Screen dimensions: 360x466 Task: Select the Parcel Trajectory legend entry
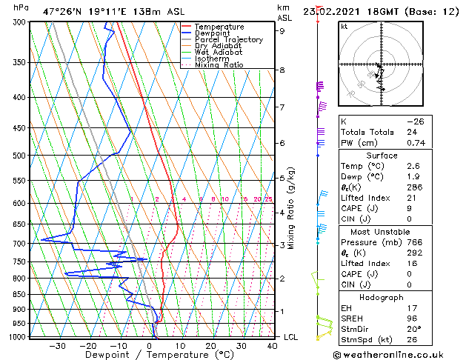[x=228, y=40]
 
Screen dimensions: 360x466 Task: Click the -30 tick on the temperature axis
[x=57, y=345]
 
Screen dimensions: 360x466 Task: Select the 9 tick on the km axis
[x=282, y=31]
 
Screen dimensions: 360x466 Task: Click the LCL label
[x=291, y=337]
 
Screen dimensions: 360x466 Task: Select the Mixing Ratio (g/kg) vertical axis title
[x=291, y=207]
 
